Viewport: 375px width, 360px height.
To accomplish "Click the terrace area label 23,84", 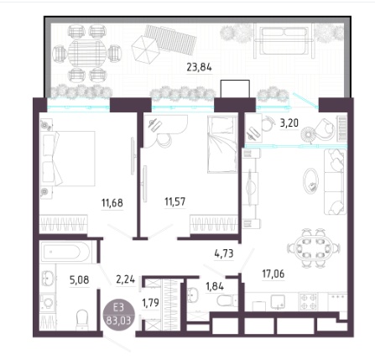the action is pyautogui.click(x=199, y=67).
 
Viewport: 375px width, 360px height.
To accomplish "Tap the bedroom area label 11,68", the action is pyautogui.click(x=112, y=202).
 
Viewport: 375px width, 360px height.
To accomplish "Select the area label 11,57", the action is pyautogui.click(x=175, y=201).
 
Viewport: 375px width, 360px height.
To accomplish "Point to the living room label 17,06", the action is pyautogui.click(x=273, y=274).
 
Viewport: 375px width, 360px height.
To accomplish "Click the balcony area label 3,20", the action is pyautogui.click(x=289, y=123).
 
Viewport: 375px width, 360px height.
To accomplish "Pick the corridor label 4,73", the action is pyautogui.click(x=224, y=253).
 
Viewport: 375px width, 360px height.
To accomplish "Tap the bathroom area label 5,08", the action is pyautogui.click(x=80, y=279).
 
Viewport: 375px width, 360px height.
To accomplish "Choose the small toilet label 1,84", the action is pyautogui.click(x=215, y=286).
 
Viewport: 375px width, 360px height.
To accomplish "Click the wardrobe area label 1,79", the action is pyautogui.click(x=150, y=302).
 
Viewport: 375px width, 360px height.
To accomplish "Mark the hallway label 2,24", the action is pyautogui.click(x=125, y=279).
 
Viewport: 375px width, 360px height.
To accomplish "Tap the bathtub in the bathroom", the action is pyautogui.click(x=65, y=252).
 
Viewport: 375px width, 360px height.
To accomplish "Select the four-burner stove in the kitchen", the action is pyautogui.click(x=309, y=301).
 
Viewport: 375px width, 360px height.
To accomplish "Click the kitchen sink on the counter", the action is pyautogui.click(x=278, y=302).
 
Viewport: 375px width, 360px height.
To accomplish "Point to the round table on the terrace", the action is pyautogui.click(x=87, y=53).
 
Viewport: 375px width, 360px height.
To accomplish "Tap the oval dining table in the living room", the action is pyautogui.click(x=314, y=248).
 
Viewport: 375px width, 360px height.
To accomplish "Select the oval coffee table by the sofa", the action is pyautogui.click(x=310, y=181).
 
